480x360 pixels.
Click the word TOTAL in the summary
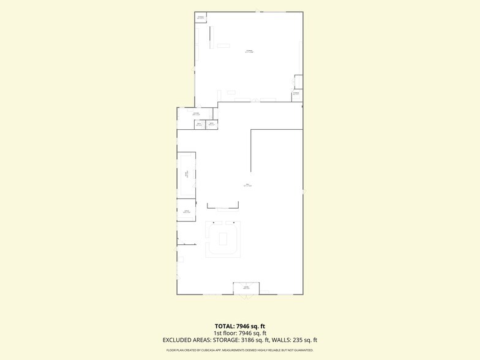pos(223,326)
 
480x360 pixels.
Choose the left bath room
pos(198,124)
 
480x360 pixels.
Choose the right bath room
pos(211,124)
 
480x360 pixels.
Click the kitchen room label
pos(196,114)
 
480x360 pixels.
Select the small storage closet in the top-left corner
pos(201,17)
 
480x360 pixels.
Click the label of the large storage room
pos(249,51)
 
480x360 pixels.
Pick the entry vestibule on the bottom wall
pos(246,288)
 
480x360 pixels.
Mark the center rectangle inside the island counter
pos(223,238)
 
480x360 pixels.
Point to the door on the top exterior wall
pos(257,10)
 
